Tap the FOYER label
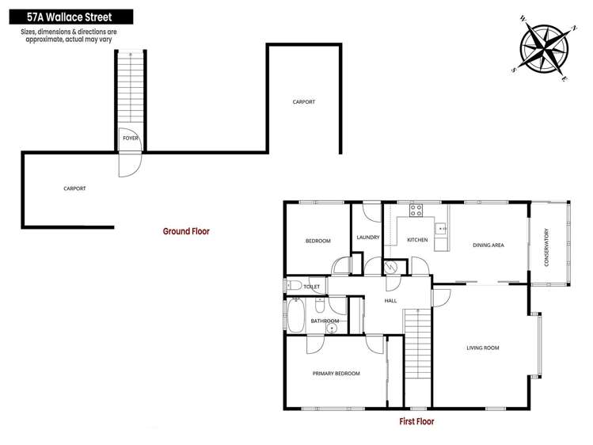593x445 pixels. pos(131,138)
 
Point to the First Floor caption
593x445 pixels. pos(416,422)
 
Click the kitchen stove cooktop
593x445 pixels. pos(416,211)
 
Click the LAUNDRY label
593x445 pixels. pos(368,238)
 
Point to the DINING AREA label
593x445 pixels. pos(488,245)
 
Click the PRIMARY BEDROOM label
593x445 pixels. pos(336,374)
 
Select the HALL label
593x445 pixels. pos(390,302)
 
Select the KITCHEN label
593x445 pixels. pos(417,240)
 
